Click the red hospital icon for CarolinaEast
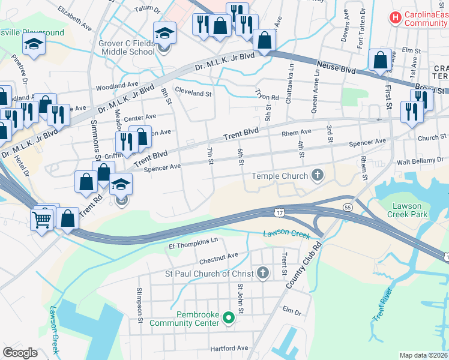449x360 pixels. pos(395,17)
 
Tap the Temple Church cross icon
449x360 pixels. pos(318,176)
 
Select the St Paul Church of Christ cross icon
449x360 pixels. pos(262,274)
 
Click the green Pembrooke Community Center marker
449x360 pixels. pos(228,317)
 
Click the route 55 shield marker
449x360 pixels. pos(348,206)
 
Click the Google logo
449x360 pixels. pos(20,352)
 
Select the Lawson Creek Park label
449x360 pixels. pos(407,209)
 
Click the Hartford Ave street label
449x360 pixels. pos(229,348)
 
